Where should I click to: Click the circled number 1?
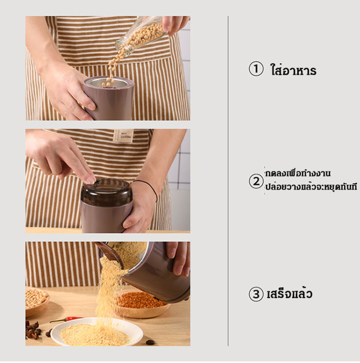point(256,69)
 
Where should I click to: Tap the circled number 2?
point(256,181)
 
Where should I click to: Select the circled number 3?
point(256,294)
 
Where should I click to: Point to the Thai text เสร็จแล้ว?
point(290,293)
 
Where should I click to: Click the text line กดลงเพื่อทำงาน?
point(298,174)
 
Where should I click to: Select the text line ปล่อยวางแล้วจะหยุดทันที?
point(311,186)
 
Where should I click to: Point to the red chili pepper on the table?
point(66,320)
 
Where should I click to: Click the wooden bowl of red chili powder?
point(140,304)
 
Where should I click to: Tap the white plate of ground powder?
point(97,332)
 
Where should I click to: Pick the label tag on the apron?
point(123,136)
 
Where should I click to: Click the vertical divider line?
point(228,181)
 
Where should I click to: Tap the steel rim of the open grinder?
point(109,82)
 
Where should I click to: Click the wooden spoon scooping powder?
point(110,253)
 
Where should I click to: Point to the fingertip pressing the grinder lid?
point(91,180)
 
